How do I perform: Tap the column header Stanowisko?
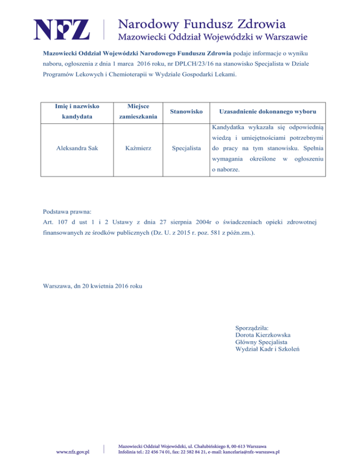coord(186,112)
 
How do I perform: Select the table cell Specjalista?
coord(186,148)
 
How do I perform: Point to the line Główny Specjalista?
coord(261,342)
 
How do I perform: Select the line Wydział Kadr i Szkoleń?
coord(268,349)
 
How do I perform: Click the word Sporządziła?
coord(252,328)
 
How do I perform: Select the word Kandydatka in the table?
coord(229,128)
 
